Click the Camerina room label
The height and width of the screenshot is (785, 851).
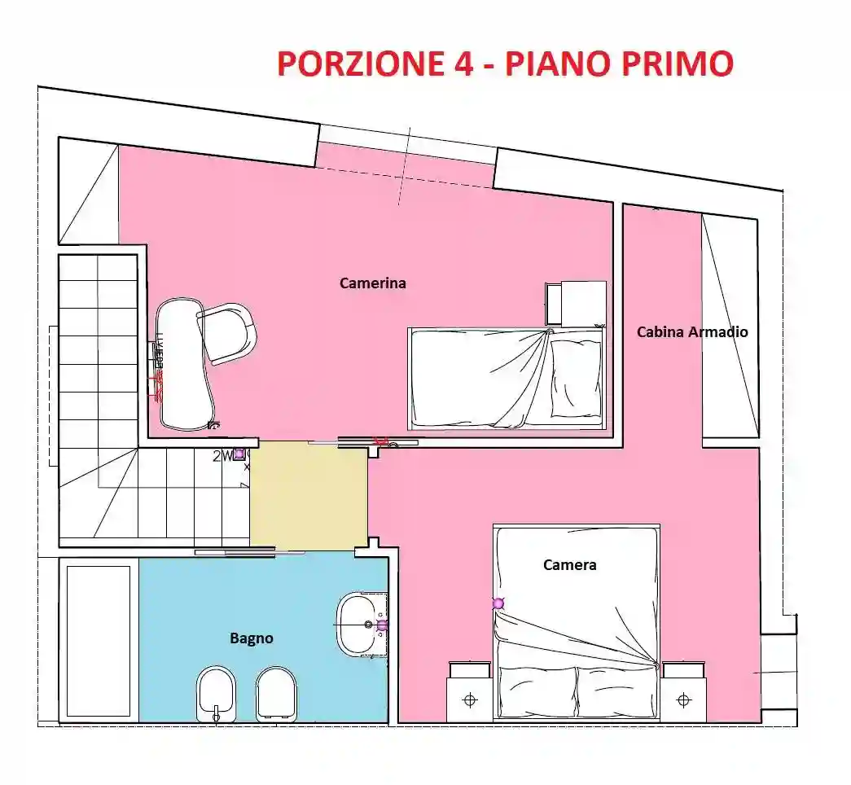pyautogui.click(x=372, y=283)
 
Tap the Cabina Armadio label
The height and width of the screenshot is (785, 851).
pyautogui.click(x=691, y=331)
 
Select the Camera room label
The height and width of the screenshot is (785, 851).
pyautogui.click(x=569, y=564)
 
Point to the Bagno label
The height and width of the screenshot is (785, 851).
pyautogui.click(x=251, y=638)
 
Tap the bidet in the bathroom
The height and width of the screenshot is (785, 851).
pyautogui.click(x=216, y=693)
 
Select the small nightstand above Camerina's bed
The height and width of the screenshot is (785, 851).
pyautogui.click(x=577, y=302)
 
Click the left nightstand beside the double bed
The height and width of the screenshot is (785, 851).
pyautogui.click(x=469, y=693)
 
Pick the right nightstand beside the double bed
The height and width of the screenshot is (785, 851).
pyautogui.click(x=683, y=693)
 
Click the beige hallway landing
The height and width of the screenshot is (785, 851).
pyautogui.click(x=309, y=496)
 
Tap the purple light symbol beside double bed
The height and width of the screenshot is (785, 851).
pyautogui.click(x=498, y=603)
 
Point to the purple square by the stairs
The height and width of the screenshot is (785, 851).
pyautogui.click(x=239, y=455)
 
